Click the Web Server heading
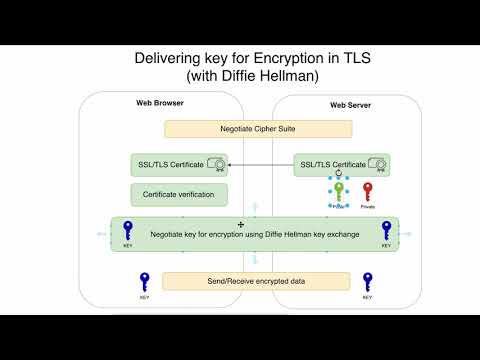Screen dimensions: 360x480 tap(351, 105)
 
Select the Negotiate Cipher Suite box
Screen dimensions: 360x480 tap(258, 129)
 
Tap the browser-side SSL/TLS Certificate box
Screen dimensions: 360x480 tap(178, 163)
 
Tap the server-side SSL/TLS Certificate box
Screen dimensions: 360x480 tap(341, 164)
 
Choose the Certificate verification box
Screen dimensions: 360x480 tap(178, 193)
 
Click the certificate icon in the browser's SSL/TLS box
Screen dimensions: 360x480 tap(213, 163)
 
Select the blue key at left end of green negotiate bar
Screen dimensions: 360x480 tap(127, 231)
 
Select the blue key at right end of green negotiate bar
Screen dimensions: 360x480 tap(385, 231)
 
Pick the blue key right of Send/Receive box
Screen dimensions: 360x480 tap(368, 282)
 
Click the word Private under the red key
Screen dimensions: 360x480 tap(367, 207)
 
